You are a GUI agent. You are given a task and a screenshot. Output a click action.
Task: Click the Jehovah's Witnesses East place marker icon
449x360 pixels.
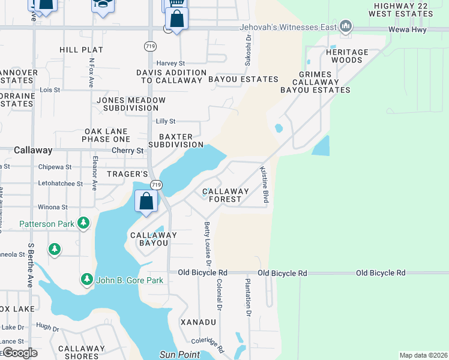point(345,26)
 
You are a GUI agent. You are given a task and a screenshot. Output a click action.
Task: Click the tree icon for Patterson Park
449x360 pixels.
point(83,224)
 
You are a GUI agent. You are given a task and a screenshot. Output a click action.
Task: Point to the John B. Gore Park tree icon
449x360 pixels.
point(87,280)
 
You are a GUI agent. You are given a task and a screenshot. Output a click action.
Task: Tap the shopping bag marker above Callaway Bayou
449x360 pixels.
point(146,202)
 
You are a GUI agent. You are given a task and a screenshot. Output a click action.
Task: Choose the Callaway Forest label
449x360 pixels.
point(226,196)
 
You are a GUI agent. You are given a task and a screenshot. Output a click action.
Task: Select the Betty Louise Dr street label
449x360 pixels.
point(208,244)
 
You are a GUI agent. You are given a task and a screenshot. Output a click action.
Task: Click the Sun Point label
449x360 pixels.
point(179,355)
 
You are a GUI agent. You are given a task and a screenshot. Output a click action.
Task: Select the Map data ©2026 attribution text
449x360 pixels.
point(423,355)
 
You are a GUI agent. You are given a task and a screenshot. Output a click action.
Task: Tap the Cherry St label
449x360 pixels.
point(132,151)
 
